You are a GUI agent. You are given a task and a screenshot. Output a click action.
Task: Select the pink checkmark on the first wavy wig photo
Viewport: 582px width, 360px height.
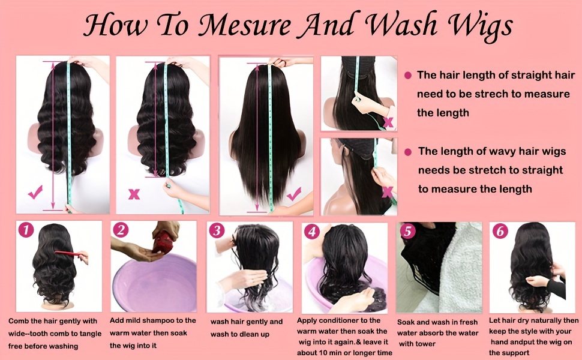point(35,193)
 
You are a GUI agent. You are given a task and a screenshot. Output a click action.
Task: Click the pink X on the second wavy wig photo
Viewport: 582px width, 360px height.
point(134,194)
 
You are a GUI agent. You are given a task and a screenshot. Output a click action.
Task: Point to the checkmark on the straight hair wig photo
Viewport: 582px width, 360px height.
point(293,194)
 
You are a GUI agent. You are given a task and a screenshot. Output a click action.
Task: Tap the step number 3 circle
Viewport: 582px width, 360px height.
point(217,231)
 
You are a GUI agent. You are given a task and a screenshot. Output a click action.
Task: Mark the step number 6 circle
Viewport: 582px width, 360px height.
point(499,231)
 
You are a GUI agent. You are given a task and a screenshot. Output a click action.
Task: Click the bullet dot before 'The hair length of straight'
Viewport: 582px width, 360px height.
point(408,75)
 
